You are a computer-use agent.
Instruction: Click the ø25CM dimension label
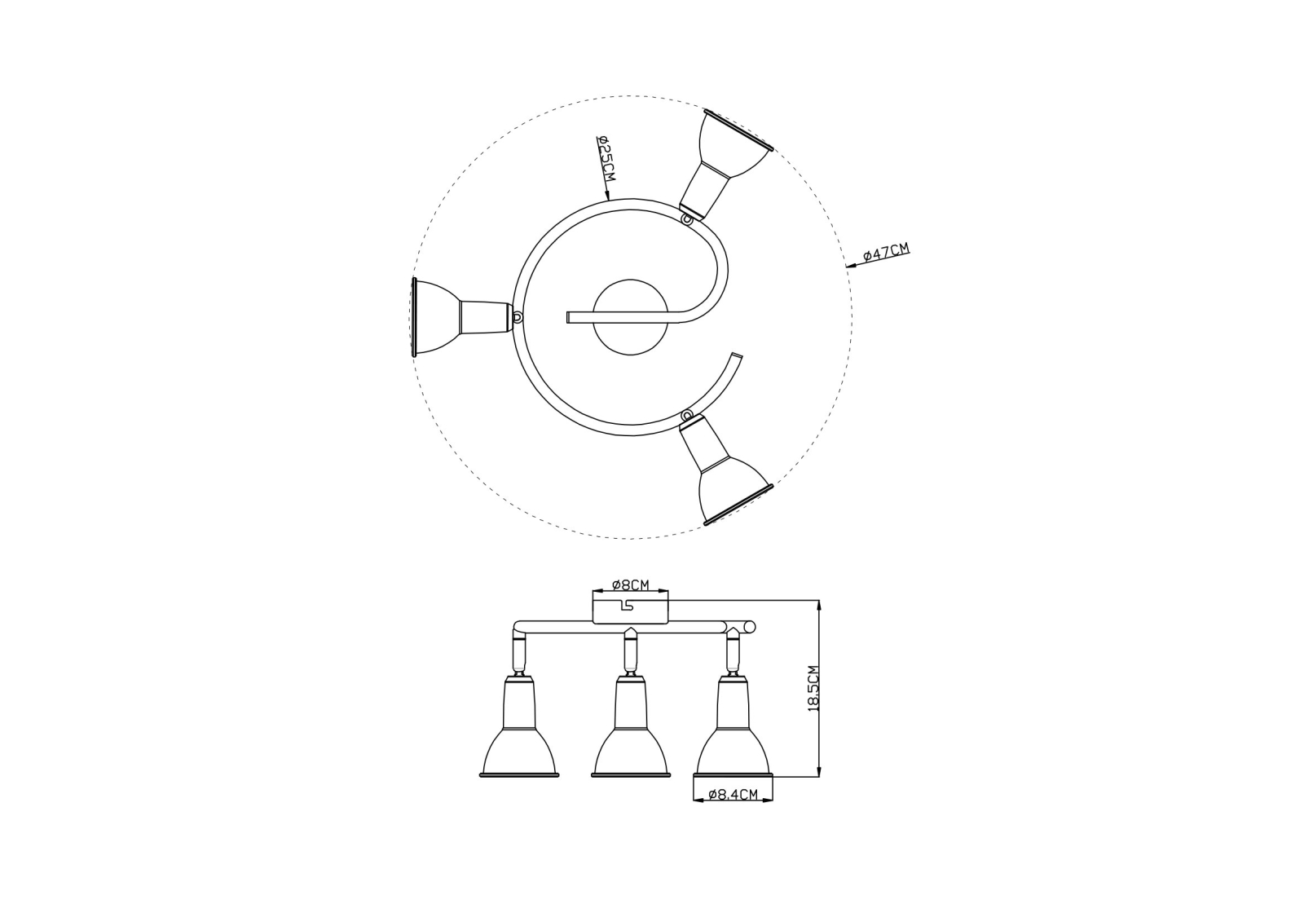(606, 158)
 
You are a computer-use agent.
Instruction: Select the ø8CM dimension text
(631, 585)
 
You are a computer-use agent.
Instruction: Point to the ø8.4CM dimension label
(733, 794)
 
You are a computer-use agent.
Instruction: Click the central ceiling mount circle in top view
(631, 317)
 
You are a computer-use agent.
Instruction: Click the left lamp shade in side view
(518, 727)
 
